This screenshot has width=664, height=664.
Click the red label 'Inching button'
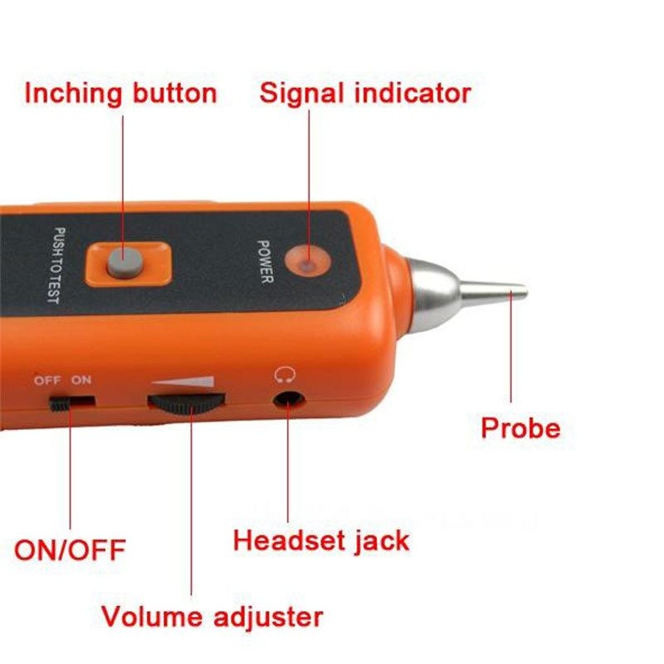point(120,92)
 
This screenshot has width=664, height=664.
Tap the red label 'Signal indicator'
point(365,92)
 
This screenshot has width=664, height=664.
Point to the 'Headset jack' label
point(321,540)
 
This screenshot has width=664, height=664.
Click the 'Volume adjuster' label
point(212,617)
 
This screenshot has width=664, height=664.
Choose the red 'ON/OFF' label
point(70,549)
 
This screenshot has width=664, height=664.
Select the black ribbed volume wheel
point(187,403)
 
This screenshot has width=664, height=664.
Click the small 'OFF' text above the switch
point(47,380)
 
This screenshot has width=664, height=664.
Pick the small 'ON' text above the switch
point(81,380)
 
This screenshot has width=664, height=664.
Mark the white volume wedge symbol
point(186,383)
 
